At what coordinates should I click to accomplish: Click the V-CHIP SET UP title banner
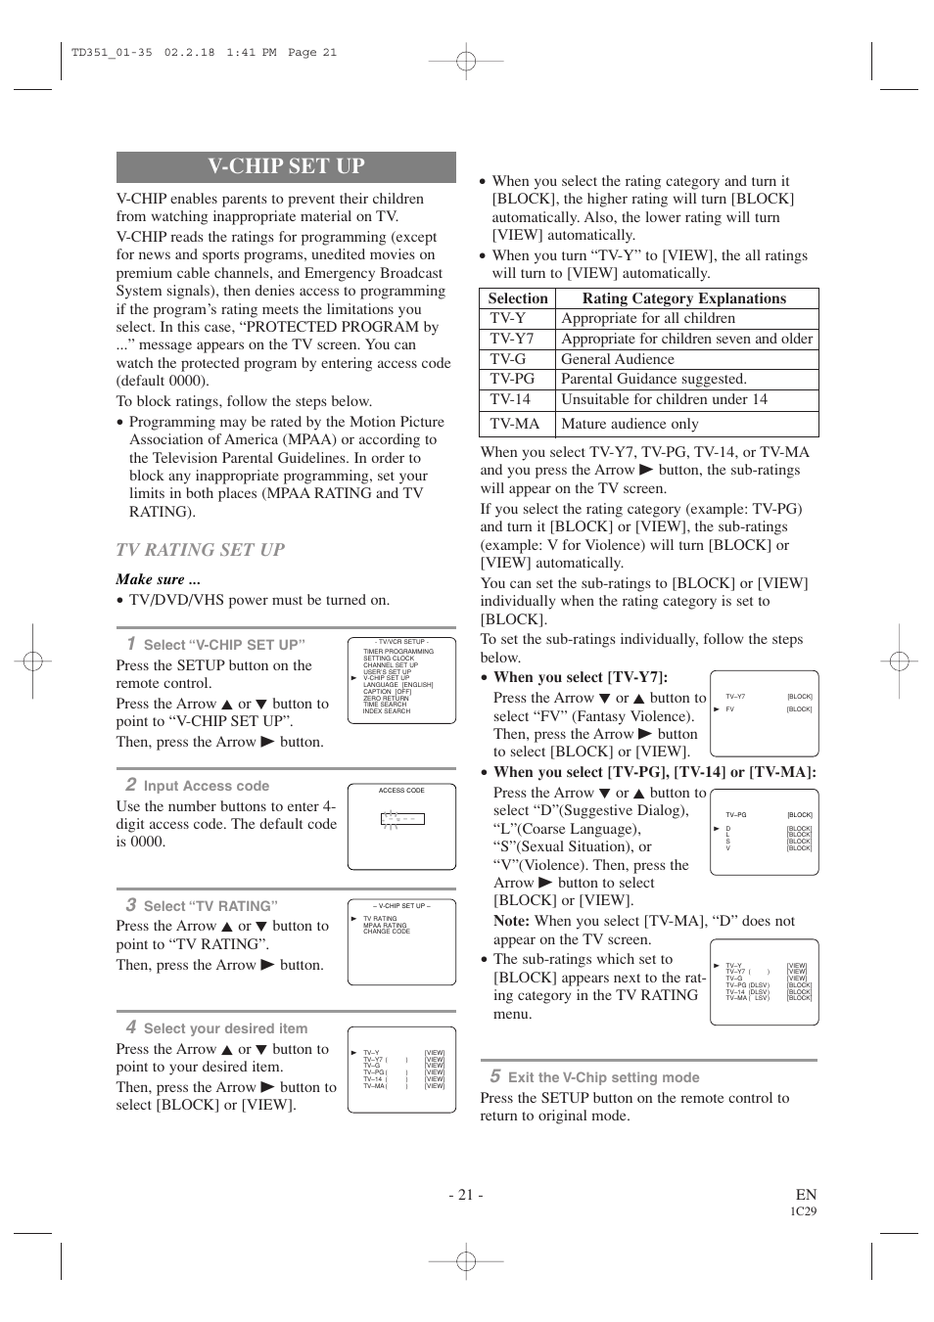[x=286, y=166]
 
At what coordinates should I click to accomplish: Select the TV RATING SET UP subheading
[x=200, y=550]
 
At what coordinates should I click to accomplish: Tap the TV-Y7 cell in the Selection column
[x=512, y=339]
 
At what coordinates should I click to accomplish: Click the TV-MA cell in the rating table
[x=515, y=424]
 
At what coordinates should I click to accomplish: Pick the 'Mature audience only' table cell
[x=630, y=424]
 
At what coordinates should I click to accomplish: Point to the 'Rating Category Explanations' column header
[x=683, y=298]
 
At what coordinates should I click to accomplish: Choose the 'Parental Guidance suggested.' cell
[x=653, y=379]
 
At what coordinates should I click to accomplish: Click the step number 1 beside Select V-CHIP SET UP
[x=130, y=643]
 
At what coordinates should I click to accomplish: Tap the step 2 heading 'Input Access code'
[x=206, y=786]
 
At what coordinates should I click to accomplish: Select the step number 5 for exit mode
[x=494, y=1076]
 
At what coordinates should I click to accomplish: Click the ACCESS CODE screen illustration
[x=401, y=827]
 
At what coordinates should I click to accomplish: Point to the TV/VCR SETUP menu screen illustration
[x=401, y=680]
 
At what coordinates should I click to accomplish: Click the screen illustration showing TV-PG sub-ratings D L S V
[x=764, y=832]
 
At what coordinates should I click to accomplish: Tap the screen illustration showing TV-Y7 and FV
[x=764, y=713]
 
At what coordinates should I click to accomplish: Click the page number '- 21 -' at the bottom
[x=466, y=1194]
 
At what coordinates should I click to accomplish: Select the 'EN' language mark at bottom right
[x=806, y=1194]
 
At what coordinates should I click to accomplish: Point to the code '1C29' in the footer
[x=803, y=1211]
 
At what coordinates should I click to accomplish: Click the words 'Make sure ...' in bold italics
[x=159, y=579]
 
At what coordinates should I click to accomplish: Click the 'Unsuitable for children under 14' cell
[x=664, y=399]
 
